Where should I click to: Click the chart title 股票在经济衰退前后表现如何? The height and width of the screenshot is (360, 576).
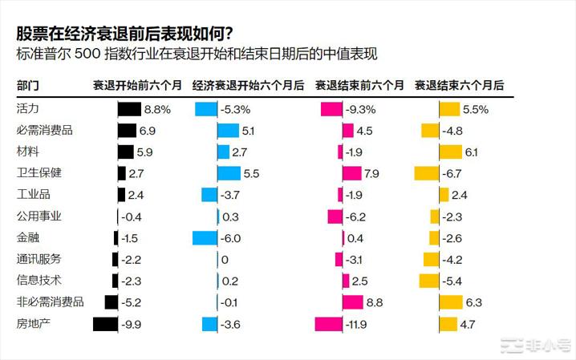[x=124, y=33]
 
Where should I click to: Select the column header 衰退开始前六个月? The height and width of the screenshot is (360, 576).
[x=137, y=84]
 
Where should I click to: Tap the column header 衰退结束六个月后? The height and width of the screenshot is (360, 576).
[x=459, y=84]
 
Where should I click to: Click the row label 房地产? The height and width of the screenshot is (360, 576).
[x=34, y=323]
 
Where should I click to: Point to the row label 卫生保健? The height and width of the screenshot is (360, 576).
[x=39, y=172]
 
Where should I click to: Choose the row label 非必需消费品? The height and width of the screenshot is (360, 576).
[x=51, y=301]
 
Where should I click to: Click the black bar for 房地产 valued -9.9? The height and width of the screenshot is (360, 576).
[x=105, y=323]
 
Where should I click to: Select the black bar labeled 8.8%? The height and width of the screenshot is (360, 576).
[x=129, y=108]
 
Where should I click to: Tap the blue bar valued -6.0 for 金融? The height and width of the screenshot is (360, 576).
[x=205, y=237]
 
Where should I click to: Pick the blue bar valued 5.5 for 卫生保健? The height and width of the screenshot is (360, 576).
[x=229, y=172]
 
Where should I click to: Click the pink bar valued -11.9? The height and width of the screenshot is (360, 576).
[x=328, y=323]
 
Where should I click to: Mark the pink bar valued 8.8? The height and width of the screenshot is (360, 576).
[x=353, y=301]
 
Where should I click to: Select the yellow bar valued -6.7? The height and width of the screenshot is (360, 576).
[x=426, y=172]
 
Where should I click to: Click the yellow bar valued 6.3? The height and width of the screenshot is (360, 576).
[x=451, y=301]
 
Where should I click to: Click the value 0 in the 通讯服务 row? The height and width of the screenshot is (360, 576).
[x=225, y=259]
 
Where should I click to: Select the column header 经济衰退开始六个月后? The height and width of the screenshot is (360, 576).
[x=249, y=84]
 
